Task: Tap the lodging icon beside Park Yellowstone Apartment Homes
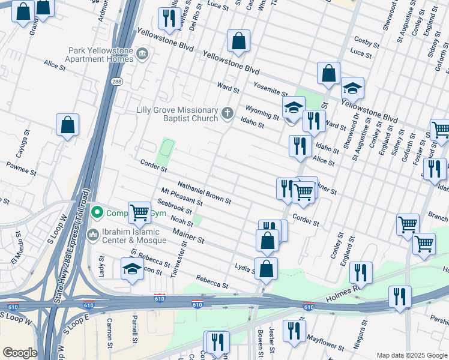click(x=143, y=55)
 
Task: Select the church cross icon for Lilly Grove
click(x=228, y=113)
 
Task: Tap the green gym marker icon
click(x=96, y=213)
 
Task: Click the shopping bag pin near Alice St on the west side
click(x=67, y=125)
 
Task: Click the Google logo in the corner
click(x=20, y=352)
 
